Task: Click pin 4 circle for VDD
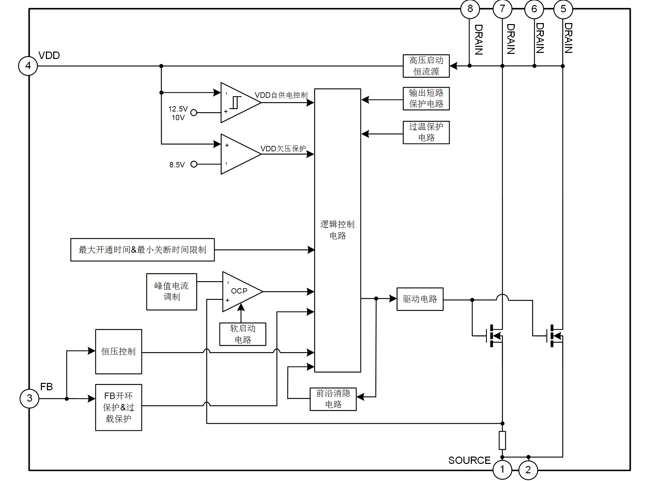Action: (28, 66)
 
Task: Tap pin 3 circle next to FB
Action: (29, 398)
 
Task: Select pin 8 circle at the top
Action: (470, 9)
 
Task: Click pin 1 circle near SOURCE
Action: (502, 470)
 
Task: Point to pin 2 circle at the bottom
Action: (528, 470)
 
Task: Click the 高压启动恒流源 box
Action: (426, 66)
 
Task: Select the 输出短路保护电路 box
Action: (426, 99)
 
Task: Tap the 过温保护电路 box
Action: (426, 133)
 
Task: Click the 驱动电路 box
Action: (420, 299)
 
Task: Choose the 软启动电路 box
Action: (243, 334)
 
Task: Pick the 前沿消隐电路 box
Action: (333, 399)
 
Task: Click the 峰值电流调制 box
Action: (171, 292)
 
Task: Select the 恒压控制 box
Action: (119, 351)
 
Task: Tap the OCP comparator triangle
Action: (239, 292)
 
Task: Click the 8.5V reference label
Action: (177, 165)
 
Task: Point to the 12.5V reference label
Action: (178, 109)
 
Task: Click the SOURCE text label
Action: (469, 461)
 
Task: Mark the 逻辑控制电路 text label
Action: (338, 230)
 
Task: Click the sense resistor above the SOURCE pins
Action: (502, 440)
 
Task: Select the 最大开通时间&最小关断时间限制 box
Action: (142, 250)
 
